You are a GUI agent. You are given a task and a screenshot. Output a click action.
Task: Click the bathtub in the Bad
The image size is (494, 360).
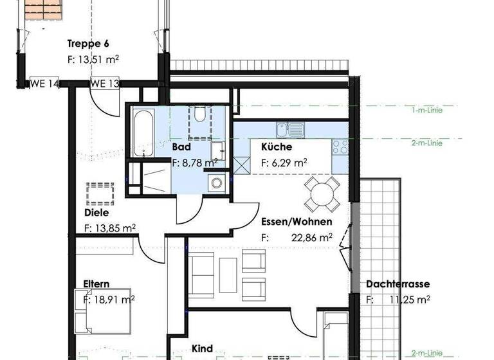pos(143,134)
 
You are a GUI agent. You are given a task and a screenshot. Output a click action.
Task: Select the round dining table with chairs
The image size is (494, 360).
pos(322,193)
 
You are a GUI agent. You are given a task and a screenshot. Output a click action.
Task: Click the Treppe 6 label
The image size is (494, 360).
pos(89,44)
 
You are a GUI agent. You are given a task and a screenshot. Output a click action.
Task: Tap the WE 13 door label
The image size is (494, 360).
pos(104,84)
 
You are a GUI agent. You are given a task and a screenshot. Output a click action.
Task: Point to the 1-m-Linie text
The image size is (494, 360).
pos(427,110)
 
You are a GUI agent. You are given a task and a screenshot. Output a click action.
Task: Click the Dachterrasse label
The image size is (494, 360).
pos(398,284)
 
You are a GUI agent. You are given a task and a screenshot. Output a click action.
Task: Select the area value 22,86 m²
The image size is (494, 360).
pos(310,237)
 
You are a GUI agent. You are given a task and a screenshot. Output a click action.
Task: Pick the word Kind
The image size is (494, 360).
pos(202,348)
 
